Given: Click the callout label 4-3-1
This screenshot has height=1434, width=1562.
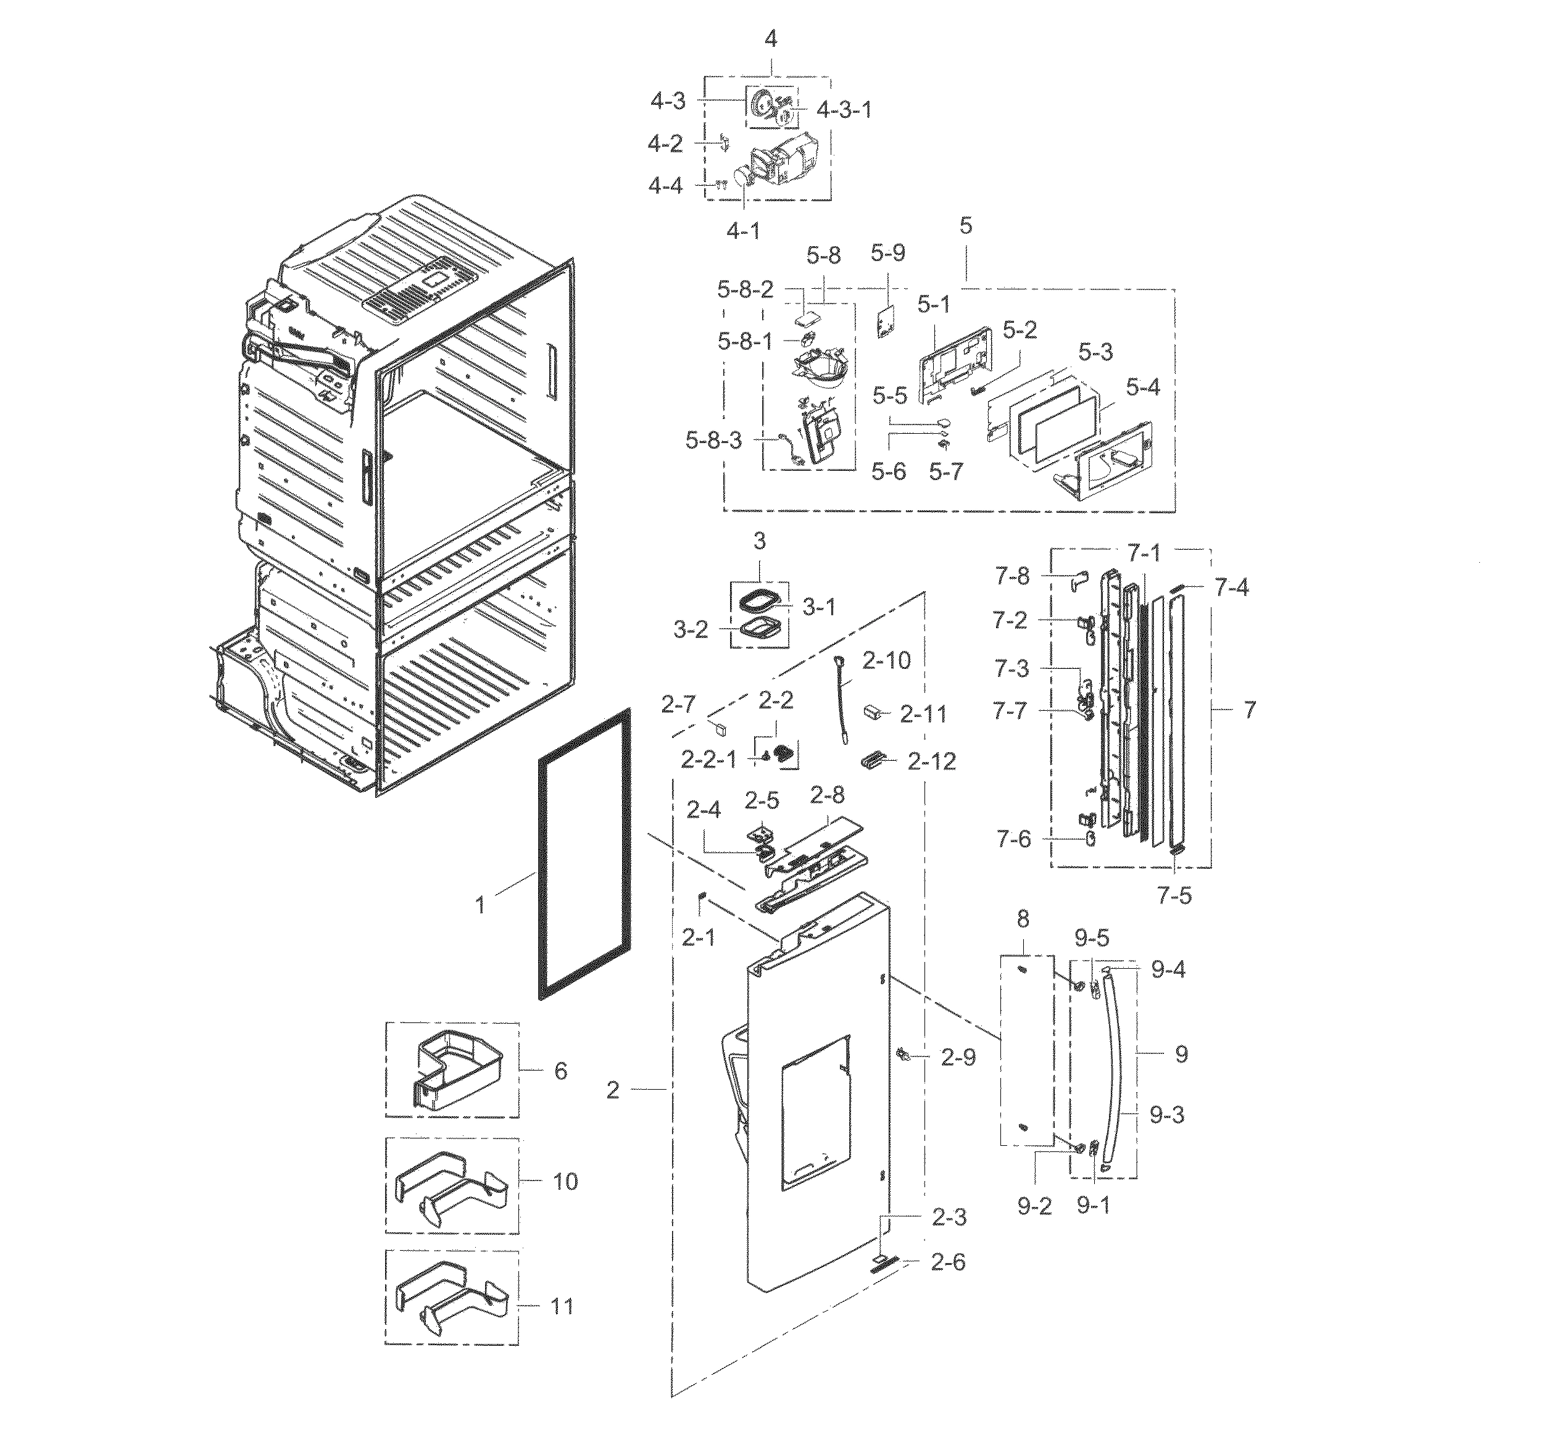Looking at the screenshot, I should [844, 110].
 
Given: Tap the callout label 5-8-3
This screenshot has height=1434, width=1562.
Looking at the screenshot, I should [713, 441].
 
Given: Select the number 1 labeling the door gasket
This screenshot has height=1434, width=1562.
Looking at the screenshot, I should [480, 904].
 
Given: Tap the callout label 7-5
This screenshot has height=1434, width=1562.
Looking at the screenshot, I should [1173, 896].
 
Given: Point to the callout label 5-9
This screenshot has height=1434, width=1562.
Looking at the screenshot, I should [887, 253].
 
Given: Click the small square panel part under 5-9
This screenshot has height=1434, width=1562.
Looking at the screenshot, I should [884, 320].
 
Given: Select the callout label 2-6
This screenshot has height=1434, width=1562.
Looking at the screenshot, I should [947, 1262].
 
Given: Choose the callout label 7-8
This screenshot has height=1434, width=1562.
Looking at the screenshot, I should [1012, 576].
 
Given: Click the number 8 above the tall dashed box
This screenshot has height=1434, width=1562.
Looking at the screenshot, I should [1023, 919].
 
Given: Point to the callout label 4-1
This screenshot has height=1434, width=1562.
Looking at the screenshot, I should [744, 231].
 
